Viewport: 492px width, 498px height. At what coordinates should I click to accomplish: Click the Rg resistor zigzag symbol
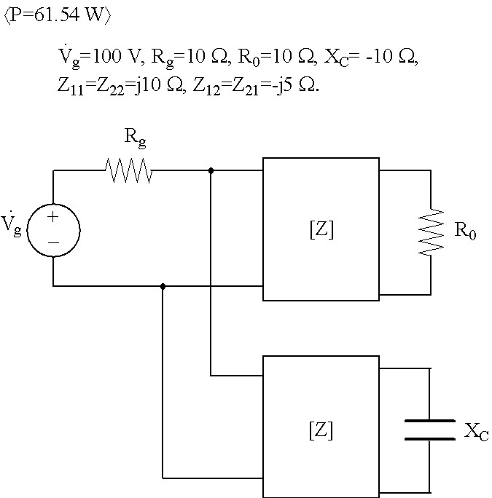129,170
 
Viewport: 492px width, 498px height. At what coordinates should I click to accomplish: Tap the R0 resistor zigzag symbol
431,232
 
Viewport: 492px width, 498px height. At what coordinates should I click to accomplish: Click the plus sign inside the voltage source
53,217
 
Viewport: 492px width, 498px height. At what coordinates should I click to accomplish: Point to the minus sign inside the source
53,243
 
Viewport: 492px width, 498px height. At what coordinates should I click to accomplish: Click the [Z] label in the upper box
321,229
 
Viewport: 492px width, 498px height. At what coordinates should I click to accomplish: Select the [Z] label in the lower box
321,430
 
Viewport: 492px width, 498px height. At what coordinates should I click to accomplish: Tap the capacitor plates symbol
429,430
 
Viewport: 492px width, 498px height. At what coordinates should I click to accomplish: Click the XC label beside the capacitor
476,432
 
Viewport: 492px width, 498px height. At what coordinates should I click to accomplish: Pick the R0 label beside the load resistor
465,230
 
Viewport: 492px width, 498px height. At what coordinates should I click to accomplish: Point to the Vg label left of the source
11,224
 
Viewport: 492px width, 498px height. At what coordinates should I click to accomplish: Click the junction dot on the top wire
211,170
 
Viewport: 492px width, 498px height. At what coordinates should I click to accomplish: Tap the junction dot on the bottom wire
163,286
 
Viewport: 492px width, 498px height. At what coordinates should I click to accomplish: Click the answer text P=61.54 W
58,15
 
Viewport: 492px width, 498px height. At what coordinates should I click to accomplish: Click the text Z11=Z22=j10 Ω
120,86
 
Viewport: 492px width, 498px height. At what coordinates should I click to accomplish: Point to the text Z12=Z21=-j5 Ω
255,86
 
